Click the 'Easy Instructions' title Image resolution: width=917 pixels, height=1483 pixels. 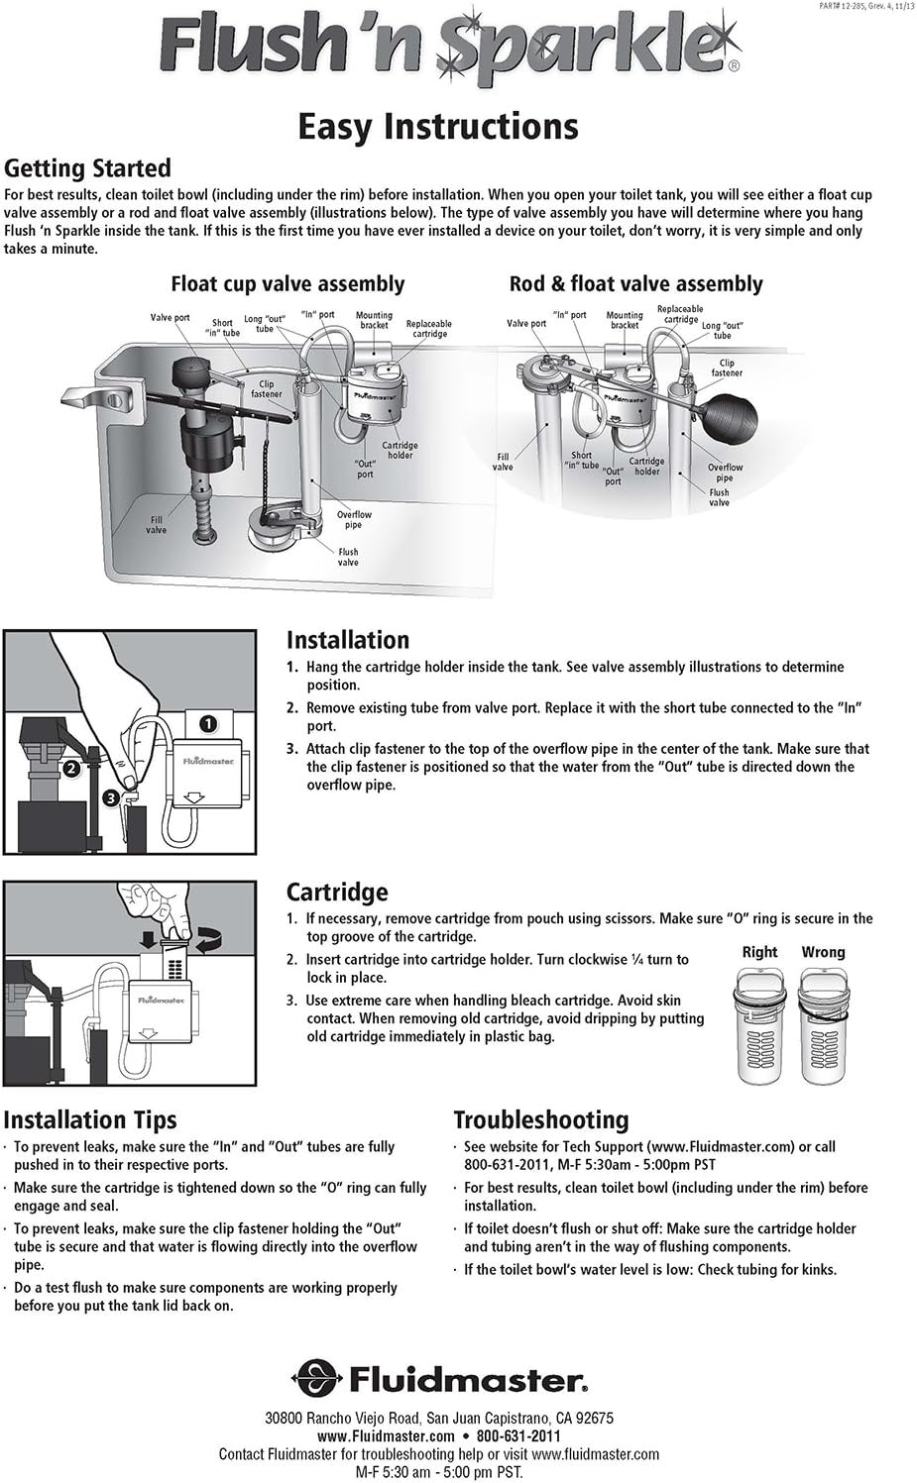[437, 127]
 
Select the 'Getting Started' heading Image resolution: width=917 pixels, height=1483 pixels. [87, 167]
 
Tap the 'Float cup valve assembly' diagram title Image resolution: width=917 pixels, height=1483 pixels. [287, 284]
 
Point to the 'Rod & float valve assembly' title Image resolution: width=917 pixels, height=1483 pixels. [635, 284]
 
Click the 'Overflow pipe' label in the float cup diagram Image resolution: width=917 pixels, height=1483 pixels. [354, 519]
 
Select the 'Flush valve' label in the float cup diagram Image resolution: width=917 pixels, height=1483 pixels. [348, 557]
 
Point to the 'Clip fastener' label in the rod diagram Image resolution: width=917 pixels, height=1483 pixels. [727, 368]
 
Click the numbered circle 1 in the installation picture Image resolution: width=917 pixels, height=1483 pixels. [207, 723]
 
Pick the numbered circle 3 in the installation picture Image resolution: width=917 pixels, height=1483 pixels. [110, 796]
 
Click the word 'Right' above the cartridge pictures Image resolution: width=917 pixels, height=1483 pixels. [759, 952]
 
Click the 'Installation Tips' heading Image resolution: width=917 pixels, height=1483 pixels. [90, 1119]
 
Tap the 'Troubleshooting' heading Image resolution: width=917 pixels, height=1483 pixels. [540, 1119]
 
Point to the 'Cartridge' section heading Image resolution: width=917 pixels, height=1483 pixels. [337, 892]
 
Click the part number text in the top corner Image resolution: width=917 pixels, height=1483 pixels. [854, 6]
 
